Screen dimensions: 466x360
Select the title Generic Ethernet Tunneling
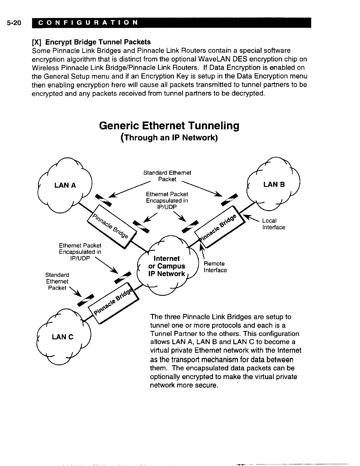tap(169, 126)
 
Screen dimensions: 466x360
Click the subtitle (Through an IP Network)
tap(169, 138)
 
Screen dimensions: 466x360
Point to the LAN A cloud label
tap(65, 185)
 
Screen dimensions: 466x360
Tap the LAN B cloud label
tap(274, 184)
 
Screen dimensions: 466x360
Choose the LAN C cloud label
tap(63, 337)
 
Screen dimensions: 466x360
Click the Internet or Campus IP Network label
tap(167, 266)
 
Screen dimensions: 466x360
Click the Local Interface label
tap(274, 224)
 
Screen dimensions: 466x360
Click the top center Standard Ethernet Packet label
tap(167, 176)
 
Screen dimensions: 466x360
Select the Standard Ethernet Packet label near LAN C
tap(57, 281)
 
